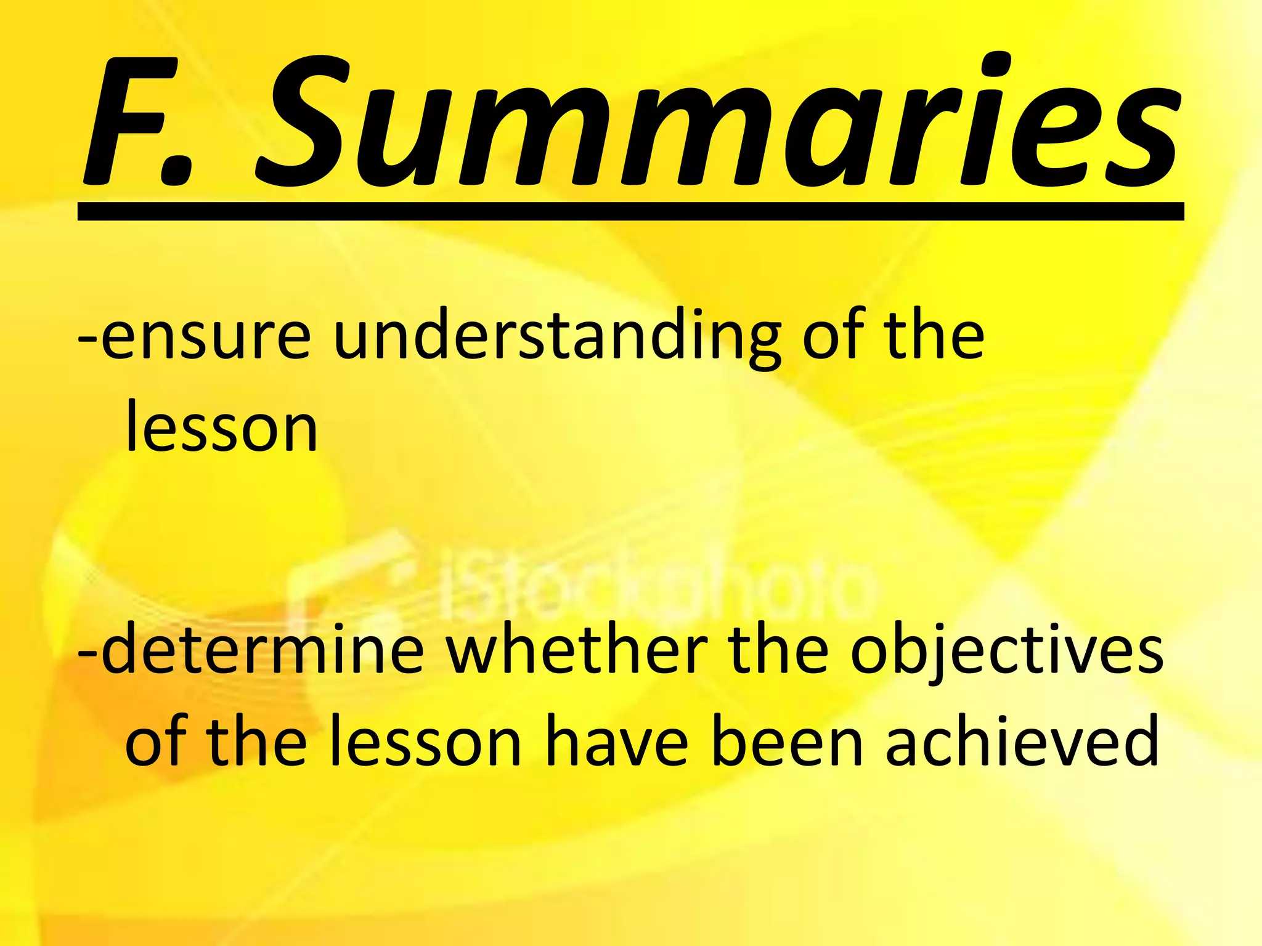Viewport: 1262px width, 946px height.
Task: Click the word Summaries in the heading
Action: (x=718, y=123)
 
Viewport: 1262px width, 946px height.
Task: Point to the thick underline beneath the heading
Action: (x=630, y=211)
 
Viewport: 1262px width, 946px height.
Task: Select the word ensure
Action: (x=206, y=336)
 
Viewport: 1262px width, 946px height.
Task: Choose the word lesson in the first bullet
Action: (x=221, y=427)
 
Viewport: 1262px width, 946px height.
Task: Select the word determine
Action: (x=263, y=650)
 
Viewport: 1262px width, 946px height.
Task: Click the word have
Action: (x=617, y=742)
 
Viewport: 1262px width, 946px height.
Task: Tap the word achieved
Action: (x=1022, y=742)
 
